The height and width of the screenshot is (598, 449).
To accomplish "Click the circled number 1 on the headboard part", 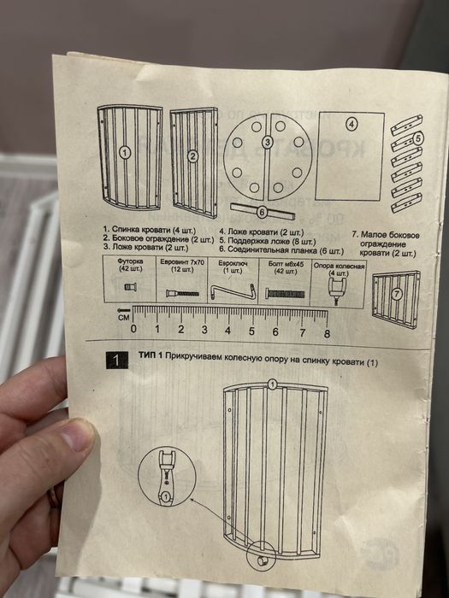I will (124, 154).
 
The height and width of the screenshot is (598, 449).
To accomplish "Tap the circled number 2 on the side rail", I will (192, 155).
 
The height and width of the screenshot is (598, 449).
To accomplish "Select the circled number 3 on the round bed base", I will (267, 142).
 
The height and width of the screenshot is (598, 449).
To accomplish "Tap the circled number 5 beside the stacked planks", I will (418, 137).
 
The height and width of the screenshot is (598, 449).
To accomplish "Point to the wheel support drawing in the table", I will (340, 293).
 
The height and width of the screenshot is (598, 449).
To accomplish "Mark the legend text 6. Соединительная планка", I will (281, 251).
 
